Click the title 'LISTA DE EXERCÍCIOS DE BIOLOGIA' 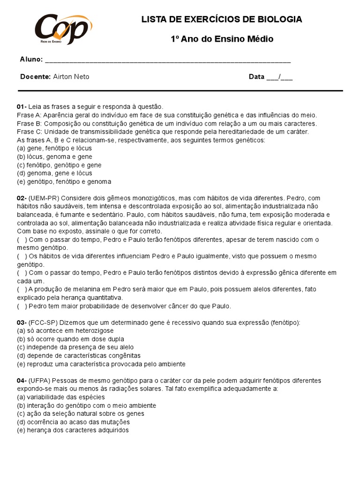(222, 19)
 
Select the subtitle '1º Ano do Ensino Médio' (222, 39)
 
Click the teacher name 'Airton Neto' (71, 77)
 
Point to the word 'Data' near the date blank (256, 77)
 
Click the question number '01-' (22, 107)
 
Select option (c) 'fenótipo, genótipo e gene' (59, 165)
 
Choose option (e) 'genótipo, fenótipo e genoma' (64, 181)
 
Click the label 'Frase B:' (30, 123)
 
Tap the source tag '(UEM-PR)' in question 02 (44, 198)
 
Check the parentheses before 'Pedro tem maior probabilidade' (22, 306)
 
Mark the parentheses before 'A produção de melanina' (22, 289)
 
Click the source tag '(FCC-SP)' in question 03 (43, 322)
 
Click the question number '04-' (22, 381)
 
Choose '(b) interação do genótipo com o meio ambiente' (86, 405)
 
